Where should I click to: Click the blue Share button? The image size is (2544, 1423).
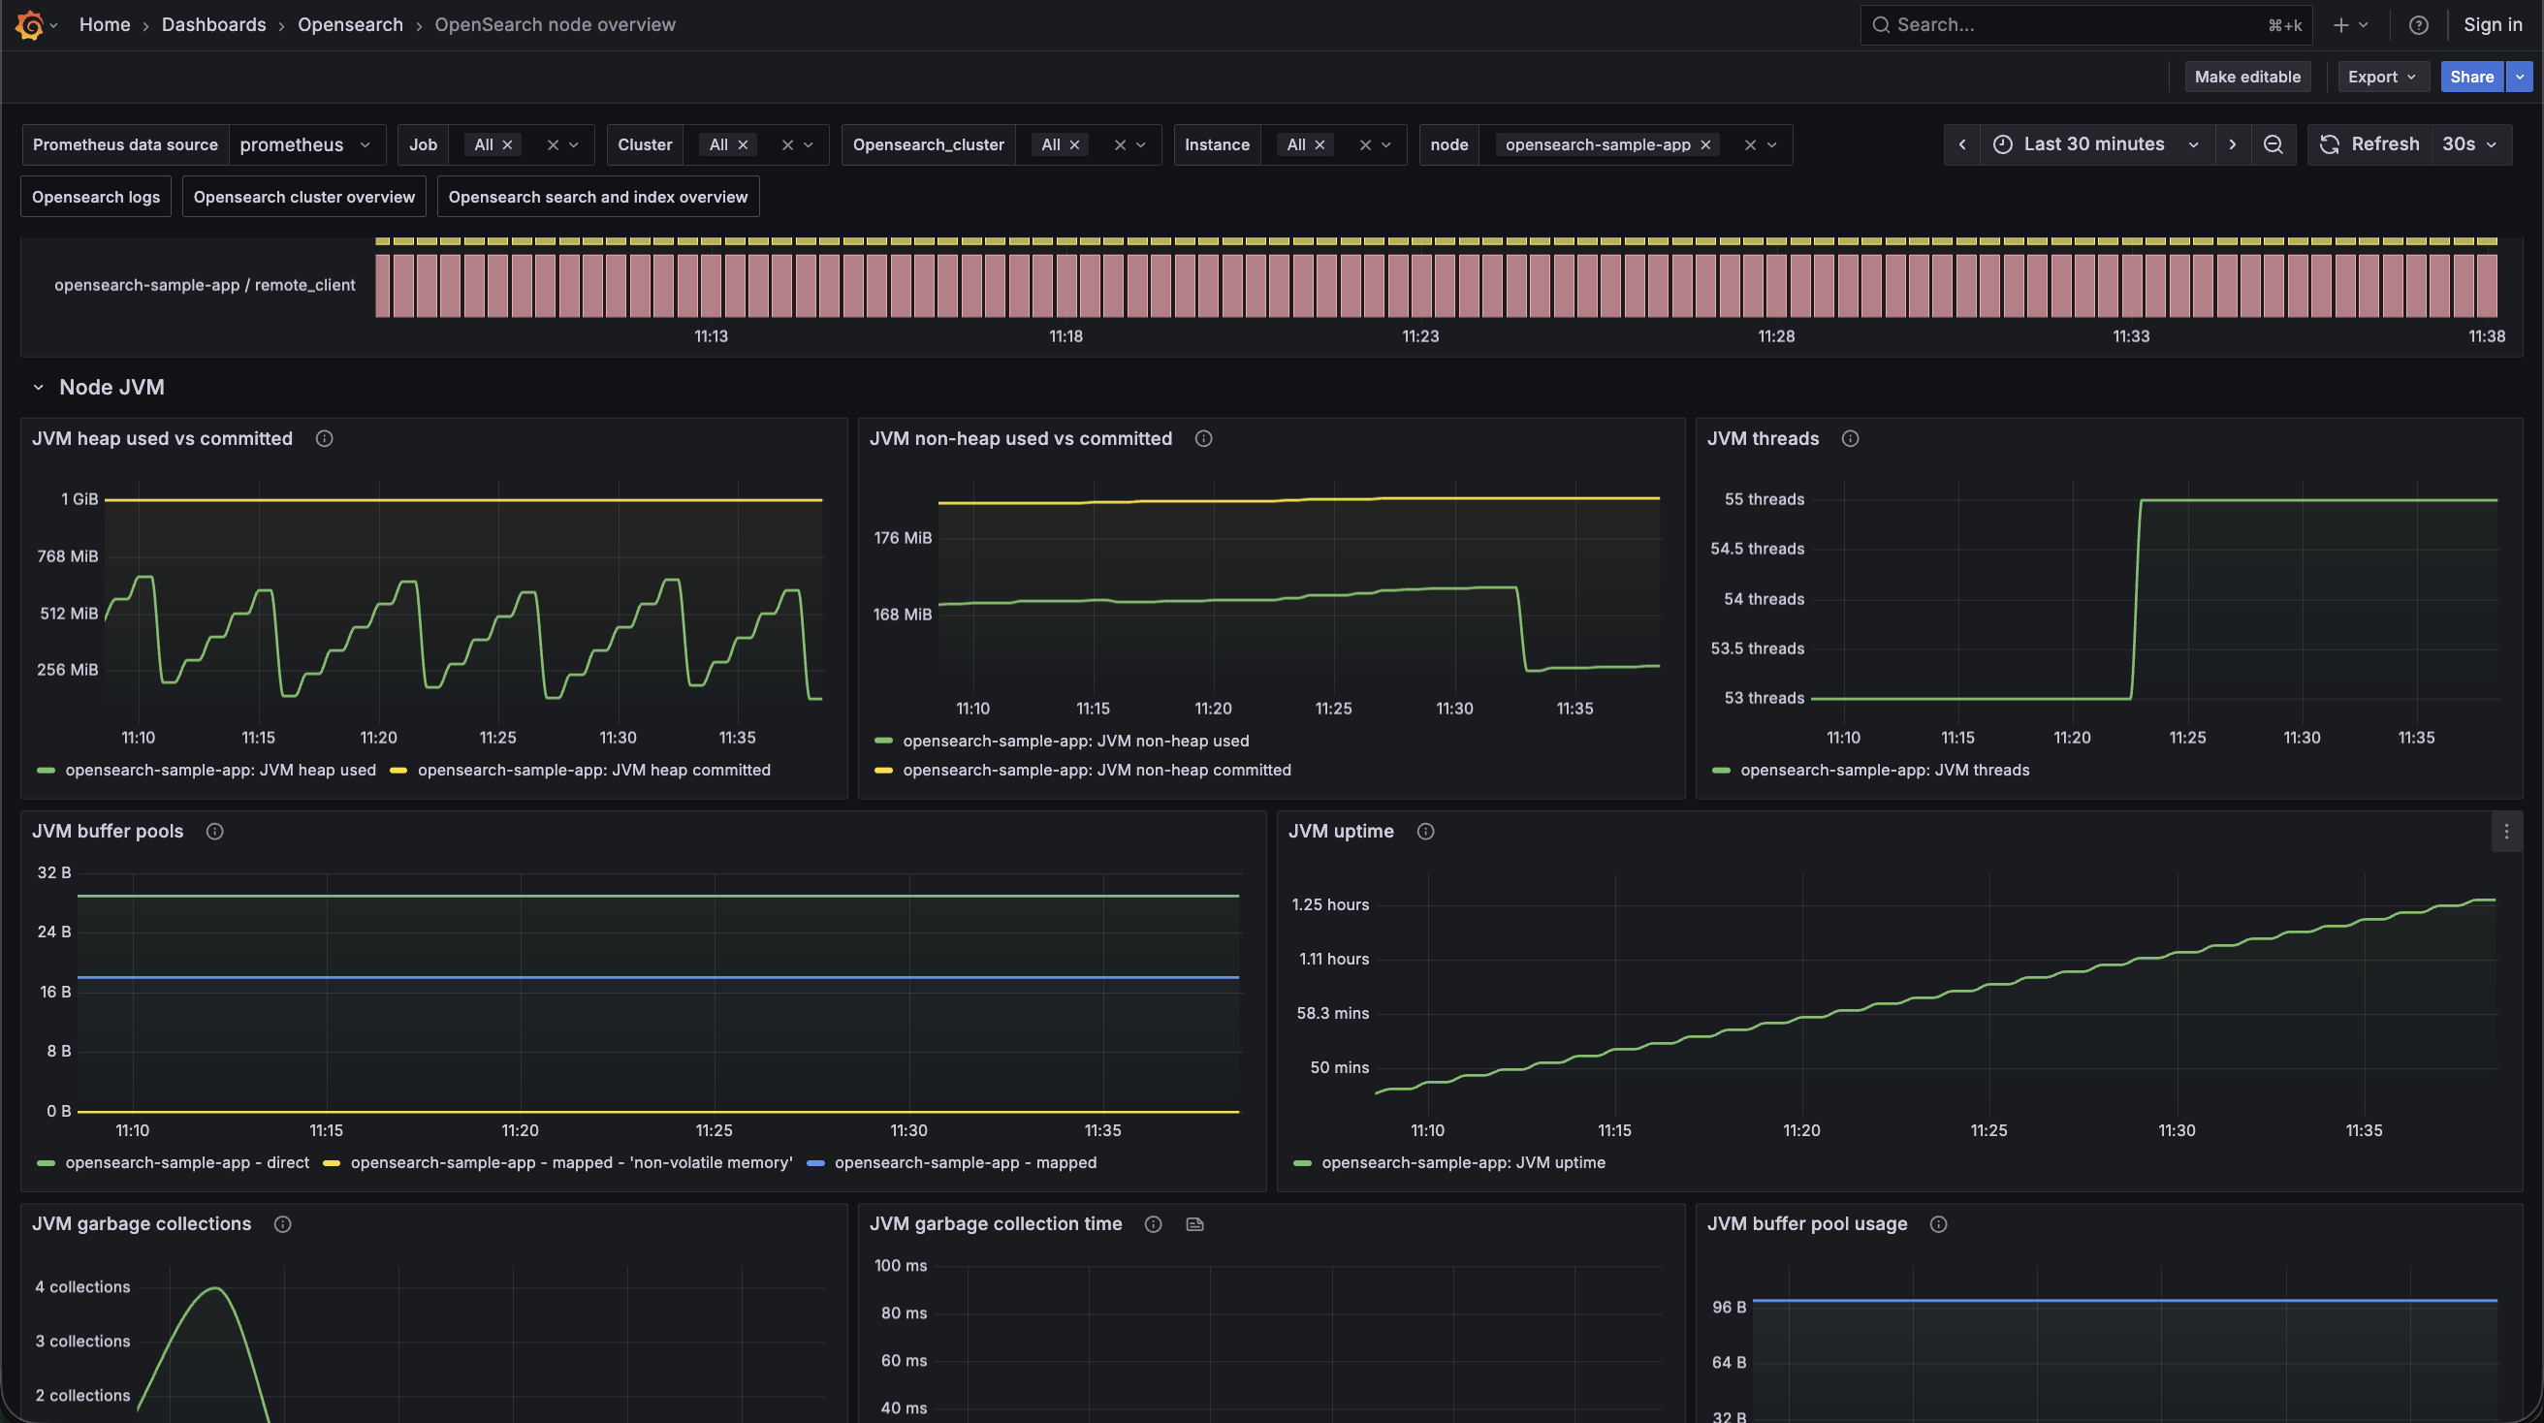point(2471,77)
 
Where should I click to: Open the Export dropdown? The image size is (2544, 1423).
point(2382,77)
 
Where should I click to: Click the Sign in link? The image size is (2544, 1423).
point(2493,24)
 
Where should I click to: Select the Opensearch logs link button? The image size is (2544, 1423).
point(96,197)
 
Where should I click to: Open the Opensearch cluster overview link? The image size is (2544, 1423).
point(304,197)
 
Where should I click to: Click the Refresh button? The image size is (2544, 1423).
point(2369,144)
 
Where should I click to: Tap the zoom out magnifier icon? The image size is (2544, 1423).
point(2273,144)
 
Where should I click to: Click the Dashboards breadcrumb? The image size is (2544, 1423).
point(213,24)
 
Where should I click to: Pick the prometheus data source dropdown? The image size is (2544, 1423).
point(306,144)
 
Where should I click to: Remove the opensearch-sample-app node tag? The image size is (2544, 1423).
point(1704,145)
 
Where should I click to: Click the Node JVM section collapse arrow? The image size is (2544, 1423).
point(39,387)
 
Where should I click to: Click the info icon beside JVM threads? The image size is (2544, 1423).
point(1850,438)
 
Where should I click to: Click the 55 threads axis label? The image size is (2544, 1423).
point(1764,499)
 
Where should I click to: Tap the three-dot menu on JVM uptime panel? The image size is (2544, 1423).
point(2505,832)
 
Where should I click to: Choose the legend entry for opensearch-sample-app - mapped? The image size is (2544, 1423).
point(952,1162)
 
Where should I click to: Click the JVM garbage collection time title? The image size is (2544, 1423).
point(996,1223)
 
